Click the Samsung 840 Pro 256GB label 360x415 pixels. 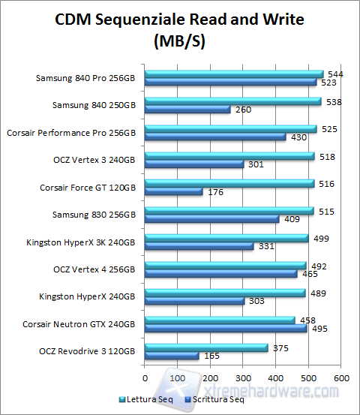tap(86, 78)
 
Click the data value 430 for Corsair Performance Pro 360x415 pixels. tap(298, 137)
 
